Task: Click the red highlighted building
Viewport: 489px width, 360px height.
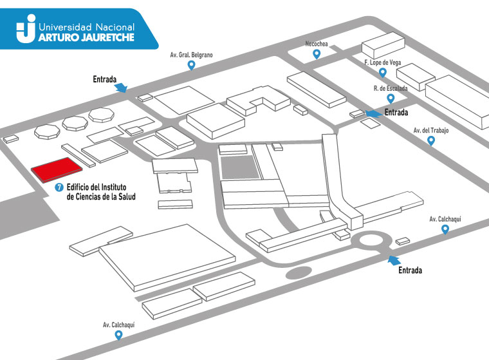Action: [x=57, y=169]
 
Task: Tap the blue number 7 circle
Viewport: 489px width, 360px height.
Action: [x=59, y=187]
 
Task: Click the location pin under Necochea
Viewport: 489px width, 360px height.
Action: [x=317, y=54]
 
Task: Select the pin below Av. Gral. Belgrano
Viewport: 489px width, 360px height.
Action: [x=191, y=65]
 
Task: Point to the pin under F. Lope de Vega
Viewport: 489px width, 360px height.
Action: [x=383, y=73]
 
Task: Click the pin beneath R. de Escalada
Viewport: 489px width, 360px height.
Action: [x=391, y=99]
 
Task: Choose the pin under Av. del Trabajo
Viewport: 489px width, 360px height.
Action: [x=431, y=141]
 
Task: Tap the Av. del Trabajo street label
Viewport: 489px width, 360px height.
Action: [x=431, y=131]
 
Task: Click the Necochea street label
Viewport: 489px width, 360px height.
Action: [x=317, y=44]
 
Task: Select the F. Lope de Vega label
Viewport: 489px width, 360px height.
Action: [x=383, y=62]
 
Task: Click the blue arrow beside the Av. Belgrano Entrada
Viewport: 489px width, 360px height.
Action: [x=121, y=88]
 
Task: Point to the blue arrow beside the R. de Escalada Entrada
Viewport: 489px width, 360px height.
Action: [x=374, y=113]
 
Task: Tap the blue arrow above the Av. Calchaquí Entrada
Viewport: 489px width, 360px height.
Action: [x=394, y=260]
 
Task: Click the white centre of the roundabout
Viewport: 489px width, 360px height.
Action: [x=371, y=241]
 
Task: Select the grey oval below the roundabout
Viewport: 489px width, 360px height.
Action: [x=299, y=273]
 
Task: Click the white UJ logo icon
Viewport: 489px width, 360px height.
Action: [x=26, y=28]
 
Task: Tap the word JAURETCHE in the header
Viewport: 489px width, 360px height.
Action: [x=107, y=37]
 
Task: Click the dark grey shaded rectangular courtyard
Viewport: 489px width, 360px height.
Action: [x=240, y=167]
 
